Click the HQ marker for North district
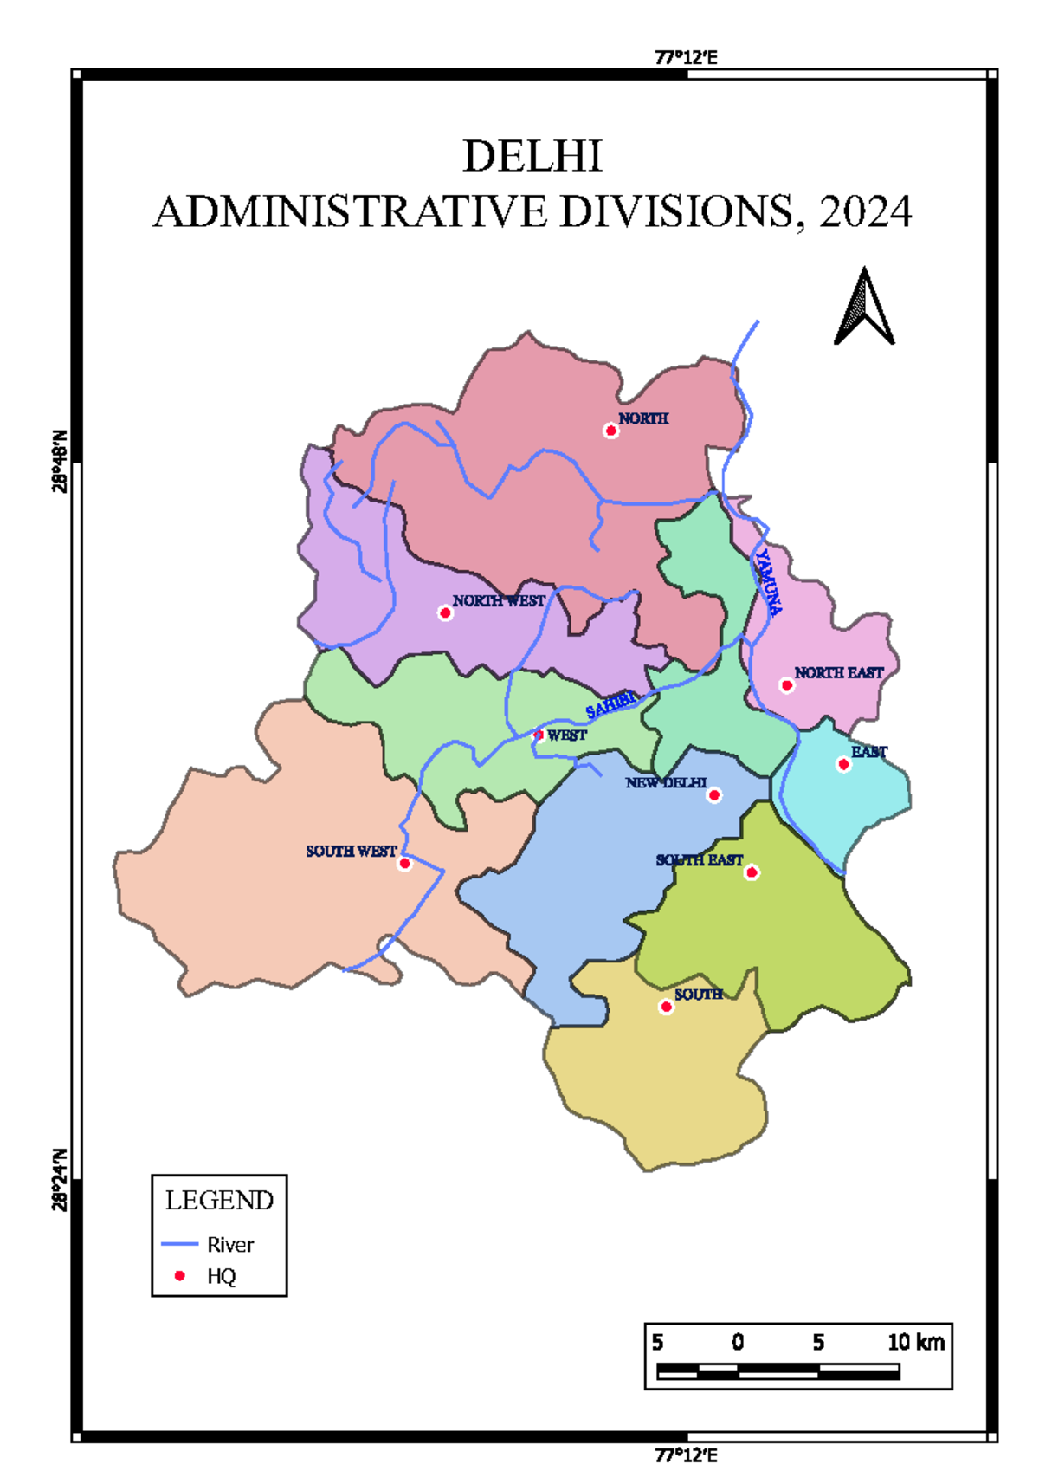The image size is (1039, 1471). pos(611,431)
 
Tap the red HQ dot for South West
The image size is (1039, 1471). pos(404,864)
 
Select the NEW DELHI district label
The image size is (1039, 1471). pos(666,783)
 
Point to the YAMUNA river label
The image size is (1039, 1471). pos(768,582)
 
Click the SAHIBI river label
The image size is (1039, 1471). pos(611,705)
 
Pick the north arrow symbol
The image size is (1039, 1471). pos(864,307)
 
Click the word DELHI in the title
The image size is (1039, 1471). pos(532,157)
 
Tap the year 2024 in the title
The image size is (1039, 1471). pos(865,212)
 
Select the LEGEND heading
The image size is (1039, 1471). pos(219,1201)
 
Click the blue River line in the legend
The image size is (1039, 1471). pos(180,1244)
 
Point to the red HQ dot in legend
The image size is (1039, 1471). pos(180,1276)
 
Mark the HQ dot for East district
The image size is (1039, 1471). pos(843,764)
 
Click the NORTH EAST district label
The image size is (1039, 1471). pos(838,672)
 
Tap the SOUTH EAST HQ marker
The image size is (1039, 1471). pos(752,872)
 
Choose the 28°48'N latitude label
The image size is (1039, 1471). pos(60,461)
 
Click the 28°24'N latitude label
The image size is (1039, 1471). pos(60,1179)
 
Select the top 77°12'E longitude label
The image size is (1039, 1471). pos(686,58)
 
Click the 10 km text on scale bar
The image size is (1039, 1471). pos(916,1343)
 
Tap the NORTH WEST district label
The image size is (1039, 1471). pos(499,600)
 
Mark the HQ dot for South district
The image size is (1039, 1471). pos(666,1007)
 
